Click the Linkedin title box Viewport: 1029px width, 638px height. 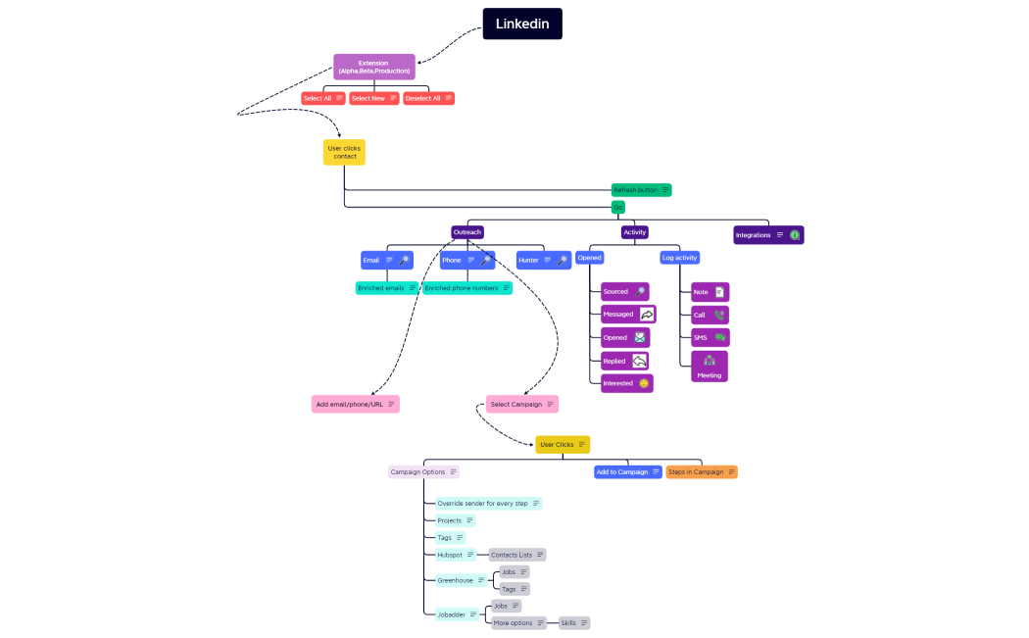point(522,24)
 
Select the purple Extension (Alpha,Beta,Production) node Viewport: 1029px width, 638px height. point(373,67)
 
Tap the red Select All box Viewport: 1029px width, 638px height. point(322,98)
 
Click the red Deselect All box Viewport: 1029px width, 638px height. point(428,98)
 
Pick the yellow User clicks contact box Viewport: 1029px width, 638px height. point(344,152)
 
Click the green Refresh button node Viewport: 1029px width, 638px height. point(641,190)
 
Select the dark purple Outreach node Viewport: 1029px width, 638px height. point(467,232)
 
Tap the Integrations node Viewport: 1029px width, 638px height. point(768,235)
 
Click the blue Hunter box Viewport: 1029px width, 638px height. point(543,260)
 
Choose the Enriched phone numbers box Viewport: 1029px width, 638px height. point(467,288)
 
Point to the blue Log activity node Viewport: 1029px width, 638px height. point(679,258)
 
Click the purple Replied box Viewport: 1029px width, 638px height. point(625,362)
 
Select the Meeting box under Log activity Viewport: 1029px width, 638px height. point(709,367)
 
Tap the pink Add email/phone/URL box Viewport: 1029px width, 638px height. point(355,404)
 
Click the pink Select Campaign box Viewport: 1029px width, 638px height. point(521,404)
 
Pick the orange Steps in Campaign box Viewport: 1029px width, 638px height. point(701,471)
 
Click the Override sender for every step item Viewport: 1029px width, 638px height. point(487,504)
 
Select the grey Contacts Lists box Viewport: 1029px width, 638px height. point(516,555)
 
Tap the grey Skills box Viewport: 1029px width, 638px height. point(574,622)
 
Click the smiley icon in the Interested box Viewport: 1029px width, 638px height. point(643,383)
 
